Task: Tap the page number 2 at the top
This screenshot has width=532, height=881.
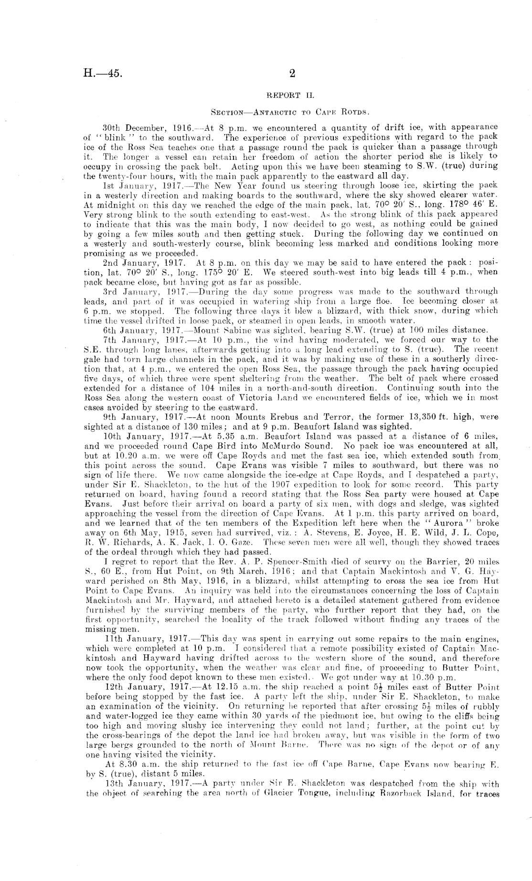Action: tap(292, 73)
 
